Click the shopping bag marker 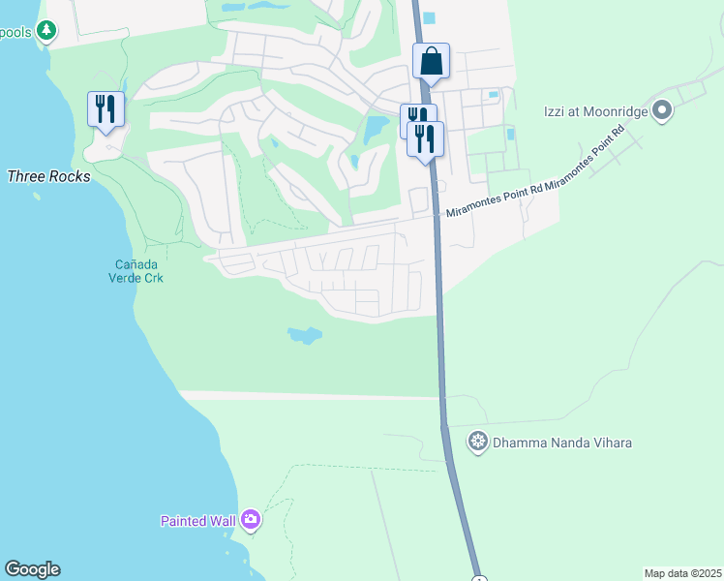(432, 61)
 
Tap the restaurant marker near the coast (105, 108)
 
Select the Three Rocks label (48, 176)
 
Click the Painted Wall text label (197, 521)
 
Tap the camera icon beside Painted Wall (251, 520)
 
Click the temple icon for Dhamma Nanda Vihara (477, 443)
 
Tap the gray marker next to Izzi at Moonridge (662, 111)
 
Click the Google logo (32, 569)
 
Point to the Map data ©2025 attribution (682, 573)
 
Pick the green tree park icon (45, 32)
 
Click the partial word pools (16, 32)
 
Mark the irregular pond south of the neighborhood (304, 336)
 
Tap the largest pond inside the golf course (375, 128)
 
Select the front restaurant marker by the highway (425, 138)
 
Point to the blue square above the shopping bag (429, 17)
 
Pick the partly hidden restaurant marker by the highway (413, 116)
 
